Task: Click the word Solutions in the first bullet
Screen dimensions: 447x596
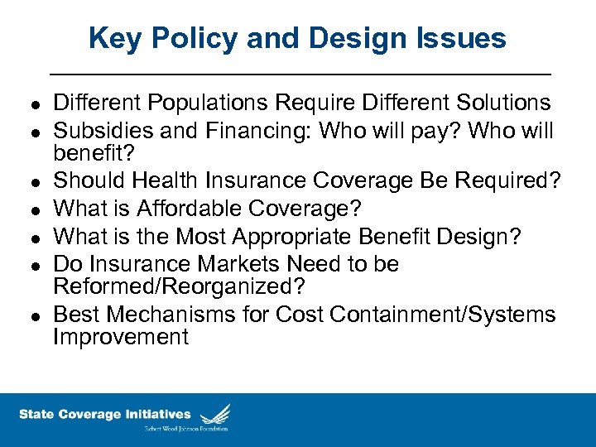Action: [x=498, y=103]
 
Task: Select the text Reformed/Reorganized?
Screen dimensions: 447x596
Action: [x=179, y=286]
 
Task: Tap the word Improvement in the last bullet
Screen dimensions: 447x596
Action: [x=121, y=337]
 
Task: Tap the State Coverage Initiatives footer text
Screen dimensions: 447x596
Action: [x=104, y=415]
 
